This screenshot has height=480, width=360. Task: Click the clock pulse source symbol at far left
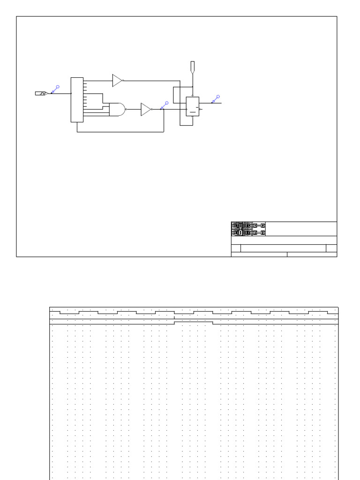click(41, 93)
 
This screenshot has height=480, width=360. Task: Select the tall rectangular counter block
click(77, 100)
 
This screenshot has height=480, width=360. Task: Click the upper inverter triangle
click(117, 81)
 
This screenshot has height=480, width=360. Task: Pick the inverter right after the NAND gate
click(146, 109)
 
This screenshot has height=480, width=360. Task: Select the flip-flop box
click(193, 106)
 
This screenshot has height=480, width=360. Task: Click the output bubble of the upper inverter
click(123, 81)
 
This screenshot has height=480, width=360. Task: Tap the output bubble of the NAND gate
click(127, 110)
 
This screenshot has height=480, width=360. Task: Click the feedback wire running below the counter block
click(120, 132)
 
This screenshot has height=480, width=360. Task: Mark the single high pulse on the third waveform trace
click(194, 322)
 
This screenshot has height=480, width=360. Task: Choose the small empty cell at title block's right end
click(331, 248)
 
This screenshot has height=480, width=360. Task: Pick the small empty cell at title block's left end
click(236, 248)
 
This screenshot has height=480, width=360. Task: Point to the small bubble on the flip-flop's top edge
click(193, 96)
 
